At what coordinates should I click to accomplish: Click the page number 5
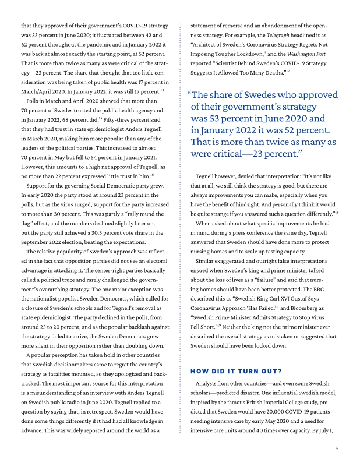click(337, 449)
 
